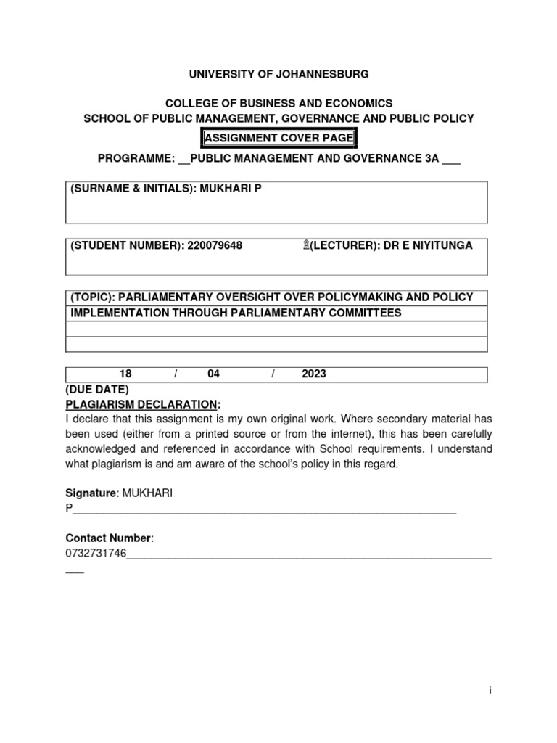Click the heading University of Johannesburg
(279, 74)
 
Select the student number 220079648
(215, 246)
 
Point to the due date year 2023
(314, 374)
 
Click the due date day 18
(125, 374)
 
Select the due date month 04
(213, 374)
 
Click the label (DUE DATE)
(96, 390)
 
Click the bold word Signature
(91, 493)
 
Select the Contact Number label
(109, 538)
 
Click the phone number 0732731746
(96, 554)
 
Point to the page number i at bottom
(490, 691)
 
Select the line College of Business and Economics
(279, 104)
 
